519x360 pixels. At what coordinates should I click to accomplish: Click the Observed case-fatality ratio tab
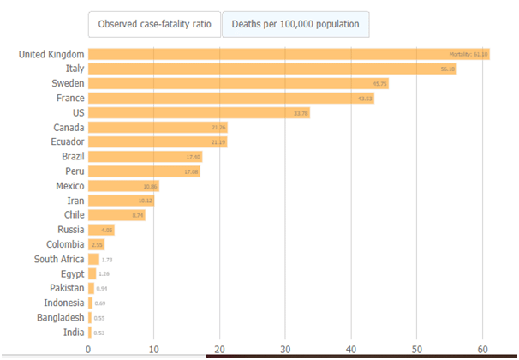coord(154,24)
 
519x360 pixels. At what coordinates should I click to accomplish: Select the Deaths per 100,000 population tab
coord(295,24)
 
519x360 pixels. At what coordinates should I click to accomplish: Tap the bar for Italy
coord(272,69)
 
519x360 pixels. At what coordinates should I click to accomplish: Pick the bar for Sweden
coord(239,83)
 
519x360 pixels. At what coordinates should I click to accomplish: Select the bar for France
coord(231,98)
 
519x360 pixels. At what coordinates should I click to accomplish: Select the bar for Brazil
coord(145,156)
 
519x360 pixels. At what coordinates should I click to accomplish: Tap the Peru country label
coord(73,171)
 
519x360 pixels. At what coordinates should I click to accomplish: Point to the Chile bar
coord(116,214)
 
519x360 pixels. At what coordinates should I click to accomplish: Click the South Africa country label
coord(59,258)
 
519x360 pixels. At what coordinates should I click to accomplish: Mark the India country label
coord(73,332)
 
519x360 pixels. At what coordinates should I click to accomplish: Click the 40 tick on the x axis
coord(351,349)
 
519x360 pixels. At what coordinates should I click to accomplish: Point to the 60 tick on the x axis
coord(483,349)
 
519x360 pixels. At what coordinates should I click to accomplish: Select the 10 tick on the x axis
coord(153,349)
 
